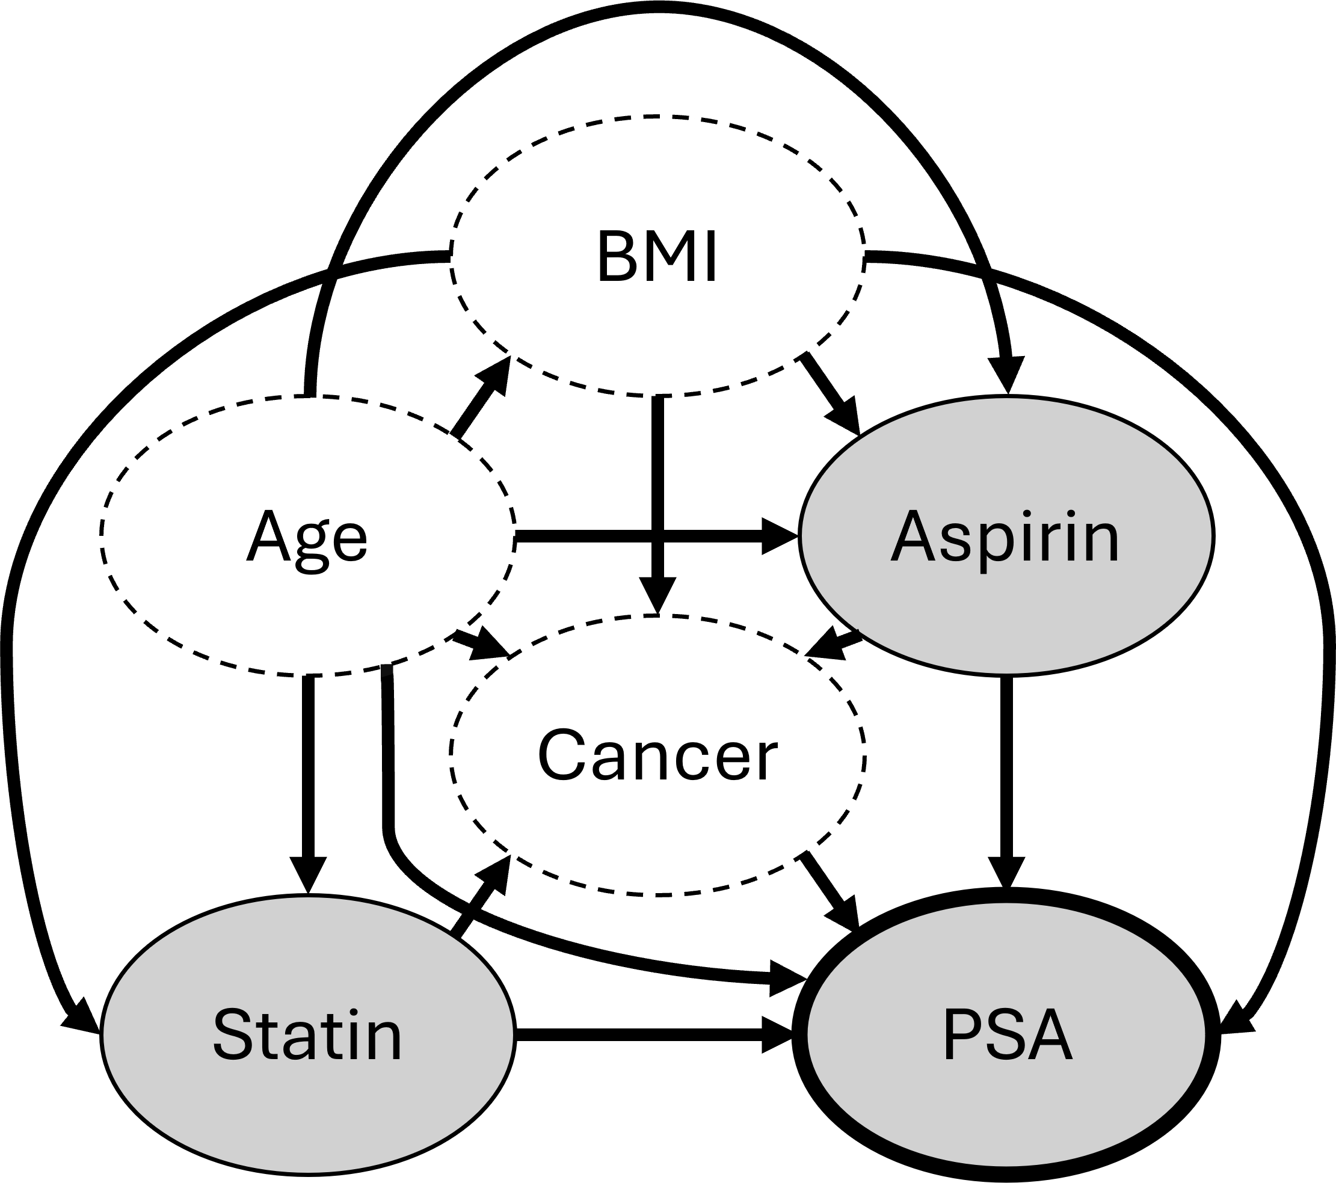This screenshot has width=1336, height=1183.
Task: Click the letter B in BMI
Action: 618,257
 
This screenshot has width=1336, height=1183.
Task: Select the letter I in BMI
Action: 712,257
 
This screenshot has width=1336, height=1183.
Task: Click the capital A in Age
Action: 267,537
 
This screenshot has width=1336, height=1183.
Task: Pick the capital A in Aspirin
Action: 913,537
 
